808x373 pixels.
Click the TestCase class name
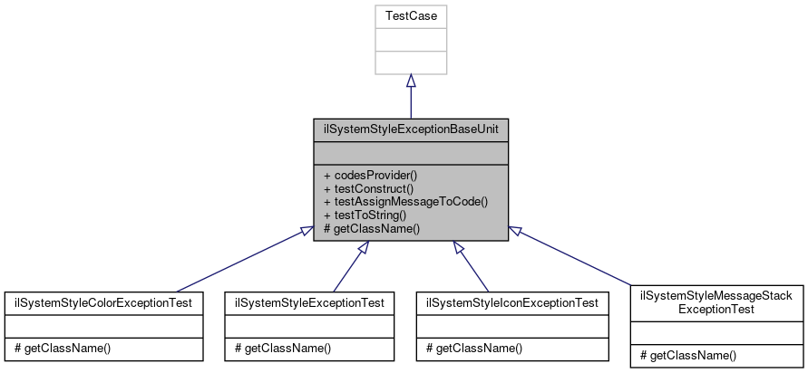(x=411, y=16)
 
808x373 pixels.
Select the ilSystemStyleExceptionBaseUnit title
(x=411, y=129)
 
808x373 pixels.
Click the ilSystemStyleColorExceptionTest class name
(x=104, y=301)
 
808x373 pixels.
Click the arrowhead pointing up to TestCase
(x=411, y=81)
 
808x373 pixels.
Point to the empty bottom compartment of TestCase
(x=411, y=62)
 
